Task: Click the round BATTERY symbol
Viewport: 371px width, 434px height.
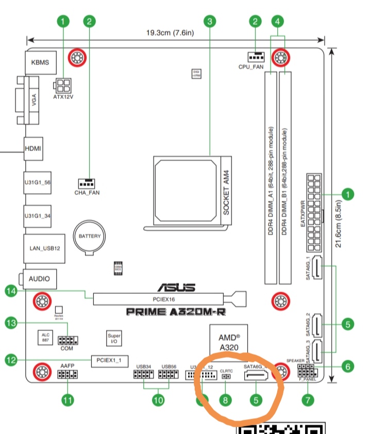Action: [90, 237]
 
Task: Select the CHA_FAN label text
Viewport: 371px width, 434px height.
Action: [87, 193]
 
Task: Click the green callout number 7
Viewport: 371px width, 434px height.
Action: [308, 399]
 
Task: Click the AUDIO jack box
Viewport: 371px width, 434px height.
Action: [39, 279]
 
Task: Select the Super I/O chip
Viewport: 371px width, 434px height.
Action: [114, 339]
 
